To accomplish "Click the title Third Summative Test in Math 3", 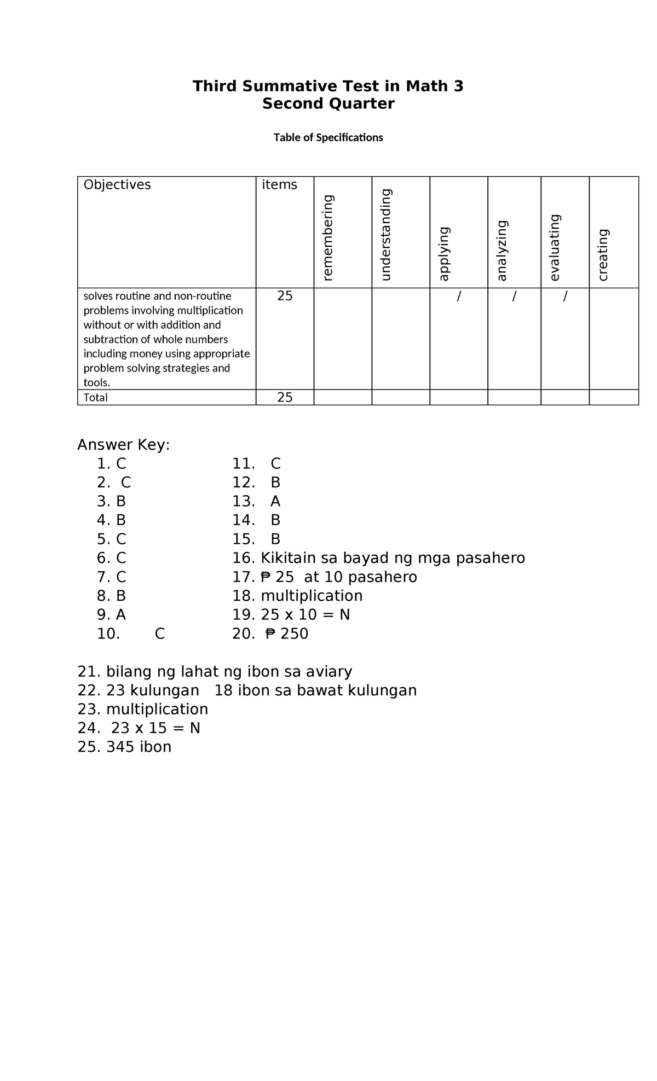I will (x=328, y=86).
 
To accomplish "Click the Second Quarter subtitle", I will (x=328, y=103).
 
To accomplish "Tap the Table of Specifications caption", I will (x=328, y=137).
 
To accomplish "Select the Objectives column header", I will (x=117, y=185).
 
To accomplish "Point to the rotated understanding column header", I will (x=386, y=235).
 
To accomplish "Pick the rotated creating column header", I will (x=603, y=255).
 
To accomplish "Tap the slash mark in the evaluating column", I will (x=565, y=297).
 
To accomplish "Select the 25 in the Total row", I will (x=285, y=398).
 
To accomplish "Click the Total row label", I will (x=96, y=398).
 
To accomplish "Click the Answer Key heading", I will (x=124, y=445).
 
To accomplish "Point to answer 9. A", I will (x=112, y=615).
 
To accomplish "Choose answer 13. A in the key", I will (x=256, y=502).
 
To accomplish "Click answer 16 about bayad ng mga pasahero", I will (x=378, y=558).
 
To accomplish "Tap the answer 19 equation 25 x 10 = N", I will (x=291, y=615).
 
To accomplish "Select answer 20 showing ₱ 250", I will (x=270, y=634).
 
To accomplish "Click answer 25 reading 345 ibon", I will (x=125, y=747).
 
